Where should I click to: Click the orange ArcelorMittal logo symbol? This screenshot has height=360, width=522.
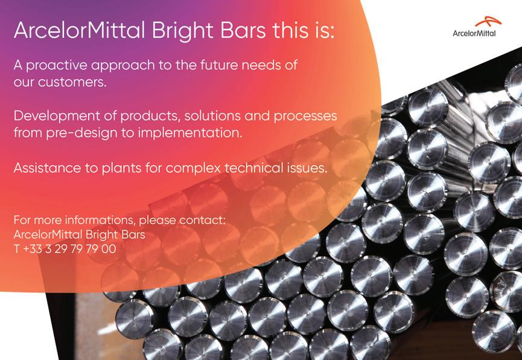click(x=488, y=22)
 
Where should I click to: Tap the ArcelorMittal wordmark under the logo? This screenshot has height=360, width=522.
click(x=474, y=33)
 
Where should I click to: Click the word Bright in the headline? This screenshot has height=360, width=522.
click(x=183, y=31)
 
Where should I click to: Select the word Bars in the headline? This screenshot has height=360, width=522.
click(x=243, y=30)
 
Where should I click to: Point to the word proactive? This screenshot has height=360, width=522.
click(x=57, y=66)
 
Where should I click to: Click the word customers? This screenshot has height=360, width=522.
click(x=72, y=82)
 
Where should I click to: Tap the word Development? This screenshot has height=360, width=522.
click(x=57, y=117)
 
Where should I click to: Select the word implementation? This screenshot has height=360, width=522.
click(x=190, y=133)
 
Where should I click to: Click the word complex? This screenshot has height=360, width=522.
click(x=193, y=169)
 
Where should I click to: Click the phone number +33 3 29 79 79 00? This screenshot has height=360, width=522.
click(x=69, y=249)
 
